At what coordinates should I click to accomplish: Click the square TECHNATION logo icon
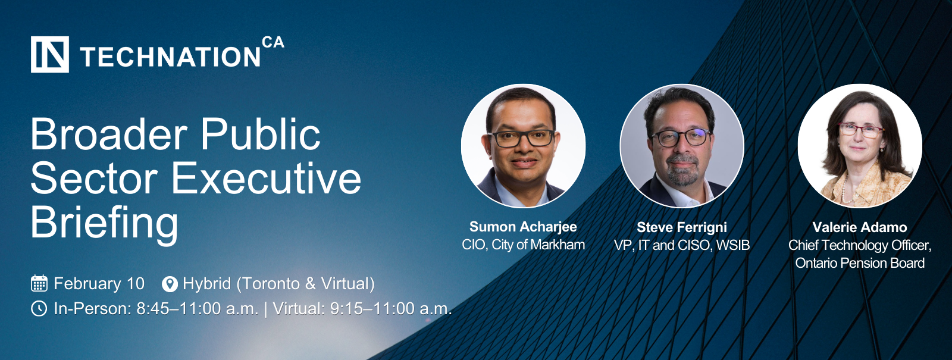coord(50,54)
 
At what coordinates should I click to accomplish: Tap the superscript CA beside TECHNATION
coord(273,42)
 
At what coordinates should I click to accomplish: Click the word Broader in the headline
coord(109,134)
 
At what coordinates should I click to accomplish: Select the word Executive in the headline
coord(266,178)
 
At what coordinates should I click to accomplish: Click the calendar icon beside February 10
coord(39,283)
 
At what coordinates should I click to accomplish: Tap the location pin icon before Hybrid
coord(170,284)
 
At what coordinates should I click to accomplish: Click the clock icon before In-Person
coord(39,309)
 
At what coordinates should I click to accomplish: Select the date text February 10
coord(99,283)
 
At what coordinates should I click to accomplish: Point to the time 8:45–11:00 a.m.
coord(197,309)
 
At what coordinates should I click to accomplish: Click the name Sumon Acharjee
coord(523,227)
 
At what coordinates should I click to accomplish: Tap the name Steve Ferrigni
coord(682,227)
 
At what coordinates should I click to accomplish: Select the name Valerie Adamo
coord(860,227)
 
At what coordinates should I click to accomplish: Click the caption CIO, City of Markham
coord(523,245)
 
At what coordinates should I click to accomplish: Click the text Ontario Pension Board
coord(860,263)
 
